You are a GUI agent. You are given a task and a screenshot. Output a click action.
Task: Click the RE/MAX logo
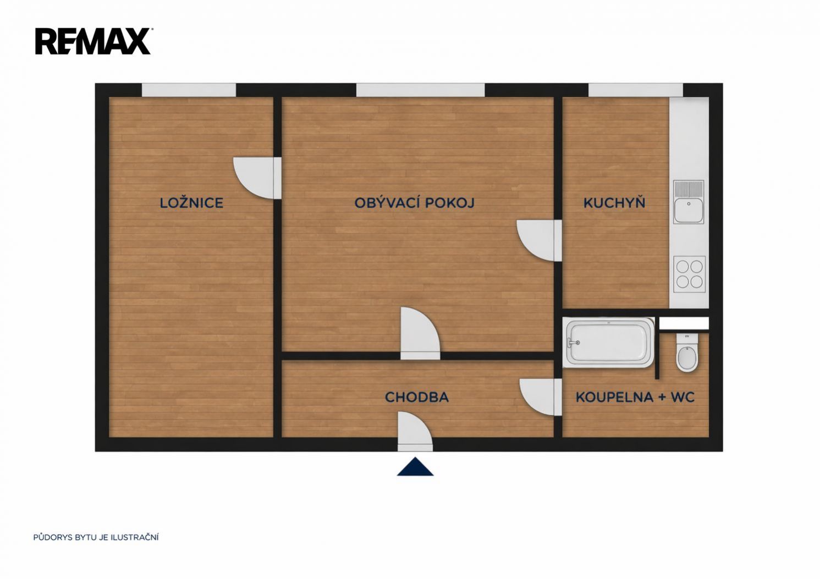coord(93,41)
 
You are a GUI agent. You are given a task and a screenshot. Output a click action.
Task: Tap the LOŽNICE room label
coord(191,202)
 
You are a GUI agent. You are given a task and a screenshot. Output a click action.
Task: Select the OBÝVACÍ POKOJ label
coord(414,202)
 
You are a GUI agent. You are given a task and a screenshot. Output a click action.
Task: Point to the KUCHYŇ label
coord(614,202)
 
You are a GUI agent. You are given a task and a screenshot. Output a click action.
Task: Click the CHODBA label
coord(416,397)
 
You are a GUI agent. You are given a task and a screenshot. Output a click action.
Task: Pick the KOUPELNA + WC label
coord(635,397)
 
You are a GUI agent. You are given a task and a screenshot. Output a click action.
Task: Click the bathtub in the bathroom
coord(609,343)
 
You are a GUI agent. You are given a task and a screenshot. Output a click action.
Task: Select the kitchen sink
coord(689,202)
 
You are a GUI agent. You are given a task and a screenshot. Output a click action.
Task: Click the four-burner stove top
coord(689,274)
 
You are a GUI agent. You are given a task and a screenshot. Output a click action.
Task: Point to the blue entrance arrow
coord(415,467)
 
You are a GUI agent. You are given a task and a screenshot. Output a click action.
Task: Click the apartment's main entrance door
coord(415,432)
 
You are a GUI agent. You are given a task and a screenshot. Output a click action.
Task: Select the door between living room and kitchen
coord(539,240)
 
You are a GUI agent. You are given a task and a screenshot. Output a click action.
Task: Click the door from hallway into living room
coord(420,333)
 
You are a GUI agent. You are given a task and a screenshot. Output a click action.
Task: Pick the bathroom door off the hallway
coord(541,397)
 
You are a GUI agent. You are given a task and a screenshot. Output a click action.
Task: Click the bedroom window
coord(189,90)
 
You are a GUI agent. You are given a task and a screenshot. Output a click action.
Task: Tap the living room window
coord(421,90)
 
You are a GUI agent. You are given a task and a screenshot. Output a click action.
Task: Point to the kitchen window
coord(636,90)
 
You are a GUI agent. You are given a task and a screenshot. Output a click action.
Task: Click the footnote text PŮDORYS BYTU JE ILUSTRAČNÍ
coord(96,537)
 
